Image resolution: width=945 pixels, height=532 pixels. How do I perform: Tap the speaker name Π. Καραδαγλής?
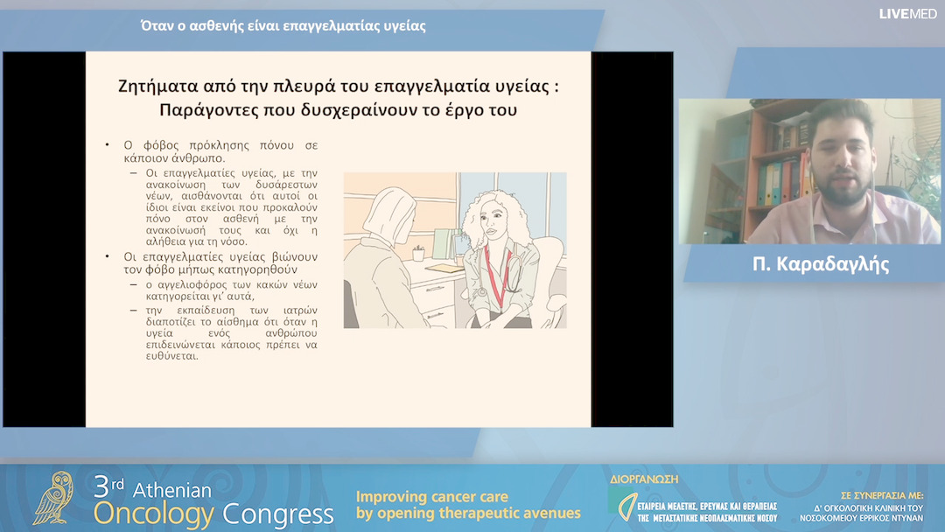click(820, 265)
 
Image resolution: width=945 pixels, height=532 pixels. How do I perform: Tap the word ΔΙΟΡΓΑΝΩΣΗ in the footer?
click(643, 479)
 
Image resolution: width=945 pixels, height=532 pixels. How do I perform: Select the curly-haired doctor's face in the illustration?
click(491, 226)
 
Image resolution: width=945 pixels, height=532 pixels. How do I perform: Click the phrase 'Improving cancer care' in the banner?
click(431, 497)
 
